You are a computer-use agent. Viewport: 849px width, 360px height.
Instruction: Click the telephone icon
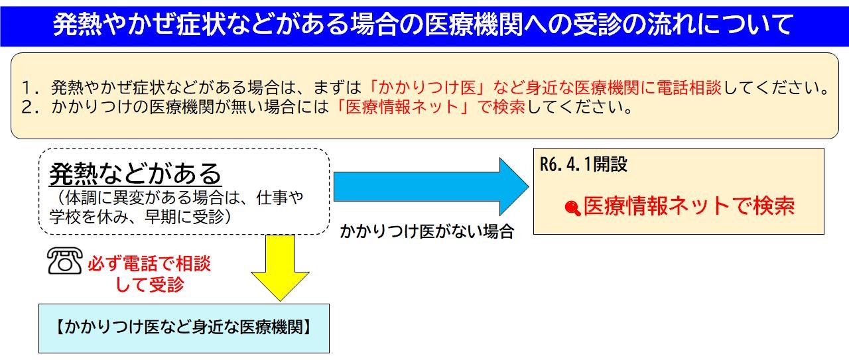[x=65, y=261]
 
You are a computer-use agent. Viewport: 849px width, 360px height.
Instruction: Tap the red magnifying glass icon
[x=572, y=208]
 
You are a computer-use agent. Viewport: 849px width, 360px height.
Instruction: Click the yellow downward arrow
[x=280, y=268]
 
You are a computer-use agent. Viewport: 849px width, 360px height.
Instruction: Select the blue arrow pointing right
[x=431, y=186]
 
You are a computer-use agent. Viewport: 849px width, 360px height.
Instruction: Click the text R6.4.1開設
[x=584, y=164]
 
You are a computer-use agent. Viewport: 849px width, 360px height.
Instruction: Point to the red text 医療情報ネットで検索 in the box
[x=688, y=206]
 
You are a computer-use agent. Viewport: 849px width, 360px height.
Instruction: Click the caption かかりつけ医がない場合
[x=426, y=231]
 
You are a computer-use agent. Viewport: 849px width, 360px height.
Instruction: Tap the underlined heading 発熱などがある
[x=135, y=174]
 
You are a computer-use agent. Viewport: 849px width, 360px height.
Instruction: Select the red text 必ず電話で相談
[x=149, y=264]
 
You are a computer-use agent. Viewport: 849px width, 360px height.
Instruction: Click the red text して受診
[x=150, y=284]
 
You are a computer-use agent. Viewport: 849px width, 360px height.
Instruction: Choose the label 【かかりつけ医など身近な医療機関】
[x=184, y=327]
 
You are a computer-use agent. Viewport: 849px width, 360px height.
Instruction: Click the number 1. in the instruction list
[x=30, y=88]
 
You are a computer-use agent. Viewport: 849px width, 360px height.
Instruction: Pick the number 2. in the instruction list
[x=30, y=107]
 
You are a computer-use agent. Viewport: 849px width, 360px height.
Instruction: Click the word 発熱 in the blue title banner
[x=78, y=25]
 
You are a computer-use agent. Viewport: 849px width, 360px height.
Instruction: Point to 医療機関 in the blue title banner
[x=473, y=25]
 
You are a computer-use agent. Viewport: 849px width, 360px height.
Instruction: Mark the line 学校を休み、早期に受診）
[x=141, y=217]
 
